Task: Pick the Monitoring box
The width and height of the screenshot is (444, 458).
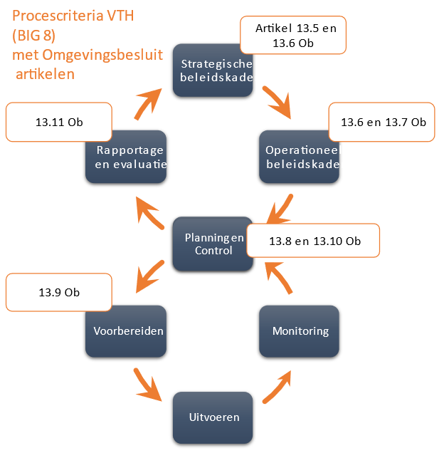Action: tap(299, 331)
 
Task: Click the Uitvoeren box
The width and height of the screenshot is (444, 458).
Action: tap(213, 417)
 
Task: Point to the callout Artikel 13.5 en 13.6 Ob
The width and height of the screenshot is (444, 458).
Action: tap(293, 36)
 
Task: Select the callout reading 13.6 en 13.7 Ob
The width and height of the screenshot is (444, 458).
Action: tap(381, 122)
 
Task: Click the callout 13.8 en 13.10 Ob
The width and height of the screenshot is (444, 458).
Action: tap(313, 241)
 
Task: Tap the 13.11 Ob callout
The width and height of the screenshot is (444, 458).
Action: tap(59, 122)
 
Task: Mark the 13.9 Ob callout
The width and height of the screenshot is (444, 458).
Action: tap(59, 293)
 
